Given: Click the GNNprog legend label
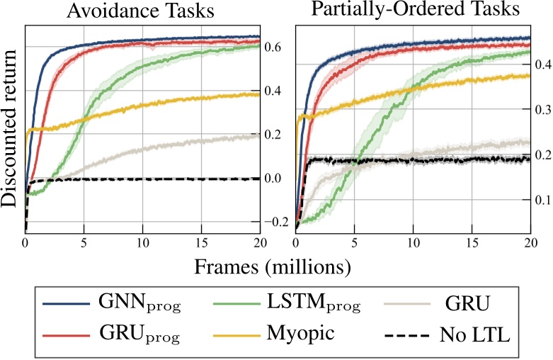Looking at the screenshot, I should pos(140,306).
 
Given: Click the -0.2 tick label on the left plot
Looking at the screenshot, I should pos(269,223).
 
